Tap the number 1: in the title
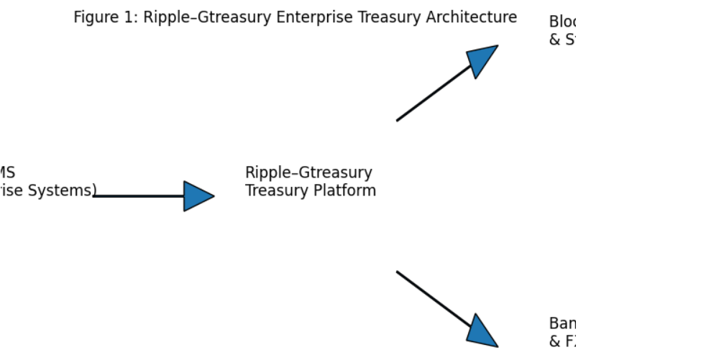pyautogui.click(x=131, y=17)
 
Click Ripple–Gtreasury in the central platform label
pyautogui.click(x=308, y=173)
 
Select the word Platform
pyautogui.click(x=344, y=191)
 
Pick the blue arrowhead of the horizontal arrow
pyautogui.click(x=197, y=196)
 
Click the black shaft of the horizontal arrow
pyautogui.click(x=137, y=196)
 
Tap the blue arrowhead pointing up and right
pyautogui.click(x=482, y=60)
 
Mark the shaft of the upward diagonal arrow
pyautogui.click(x=431, y=95)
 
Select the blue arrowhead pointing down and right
pyautogui.click(x=482, y=332)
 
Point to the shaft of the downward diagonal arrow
pyautogui.click(x=431, y=297)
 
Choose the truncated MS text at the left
pyautogui.click(x=6, y=173)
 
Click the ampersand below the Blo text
pyautogui.click(x=554, y=40)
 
